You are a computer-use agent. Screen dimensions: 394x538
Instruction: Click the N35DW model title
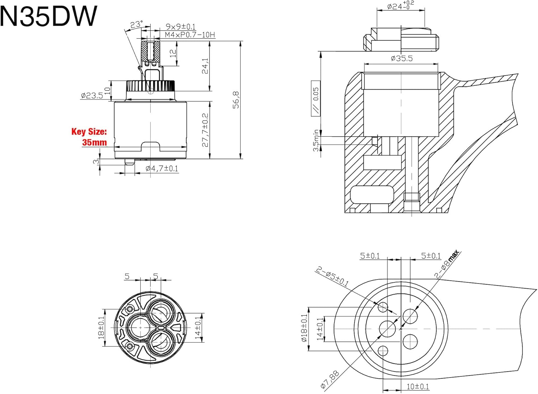point(48,16)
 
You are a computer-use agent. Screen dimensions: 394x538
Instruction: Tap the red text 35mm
point(94,142)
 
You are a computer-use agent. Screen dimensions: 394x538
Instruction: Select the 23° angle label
point(136,24)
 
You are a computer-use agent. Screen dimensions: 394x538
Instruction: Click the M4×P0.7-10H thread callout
point(190,35)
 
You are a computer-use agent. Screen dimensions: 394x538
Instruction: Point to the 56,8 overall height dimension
point(236,99)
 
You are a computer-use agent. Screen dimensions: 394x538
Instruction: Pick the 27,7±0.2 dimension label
point(205,130)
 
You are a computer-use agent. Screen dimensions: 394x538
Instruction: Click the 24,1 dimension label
point(205,66)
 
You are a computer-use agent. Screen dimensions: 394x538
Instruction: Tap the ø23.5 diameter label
point(92,95)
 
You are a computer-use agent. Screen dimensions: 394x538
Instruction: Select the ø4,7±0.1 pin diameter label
point(162,168)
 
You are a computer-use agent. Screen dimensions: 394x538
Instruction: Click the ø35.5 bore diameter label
point(402,58)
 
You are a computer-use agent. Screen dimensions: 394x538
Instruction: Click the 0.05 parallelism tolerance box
point(316,98)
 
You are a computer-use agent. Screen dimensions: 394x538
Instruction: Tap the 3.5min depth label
point(316,140)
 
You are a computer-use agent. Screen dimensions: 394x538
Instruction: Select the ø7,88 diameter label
point(330,380)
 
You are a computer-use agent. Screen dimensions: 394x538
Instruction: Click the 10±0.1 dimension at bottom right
point(418,386)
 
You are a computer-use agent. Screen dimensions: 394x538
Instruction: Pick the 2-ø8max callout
point(447,264)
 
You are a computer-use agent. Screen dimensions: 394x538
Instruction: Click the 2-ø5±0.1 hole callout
point(332,277)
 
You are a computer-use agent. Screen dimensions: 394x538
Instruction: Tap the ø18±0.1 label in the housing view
point(304,328)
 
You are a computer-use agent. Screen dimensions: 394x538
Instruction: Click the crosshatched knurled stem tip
point(150,50)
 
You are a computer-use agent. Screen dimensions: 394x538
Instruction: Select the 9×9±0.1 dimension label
point(180,27)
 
